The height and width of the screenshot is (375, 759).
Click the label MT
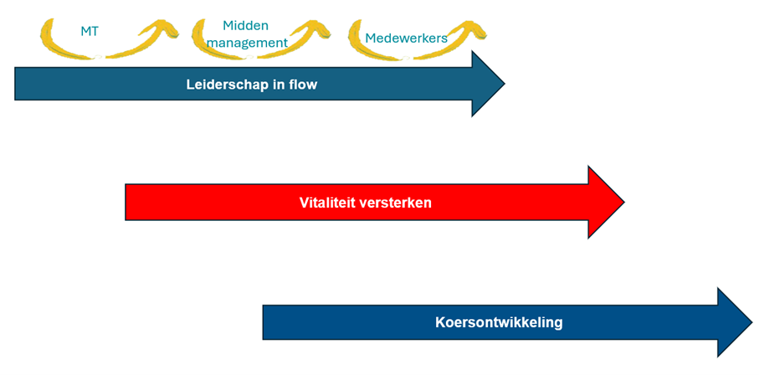[x=89, y=32]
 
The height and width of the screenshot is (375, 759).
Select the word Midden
[x=245, y=26]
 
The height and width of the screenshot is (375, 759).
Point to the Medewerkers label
[x=406, y=38]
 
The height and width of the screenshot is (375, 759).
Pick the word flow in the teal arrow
[x=302, y=85]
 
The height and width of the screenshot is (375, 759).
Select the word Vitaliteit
[x=330, y=203]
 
